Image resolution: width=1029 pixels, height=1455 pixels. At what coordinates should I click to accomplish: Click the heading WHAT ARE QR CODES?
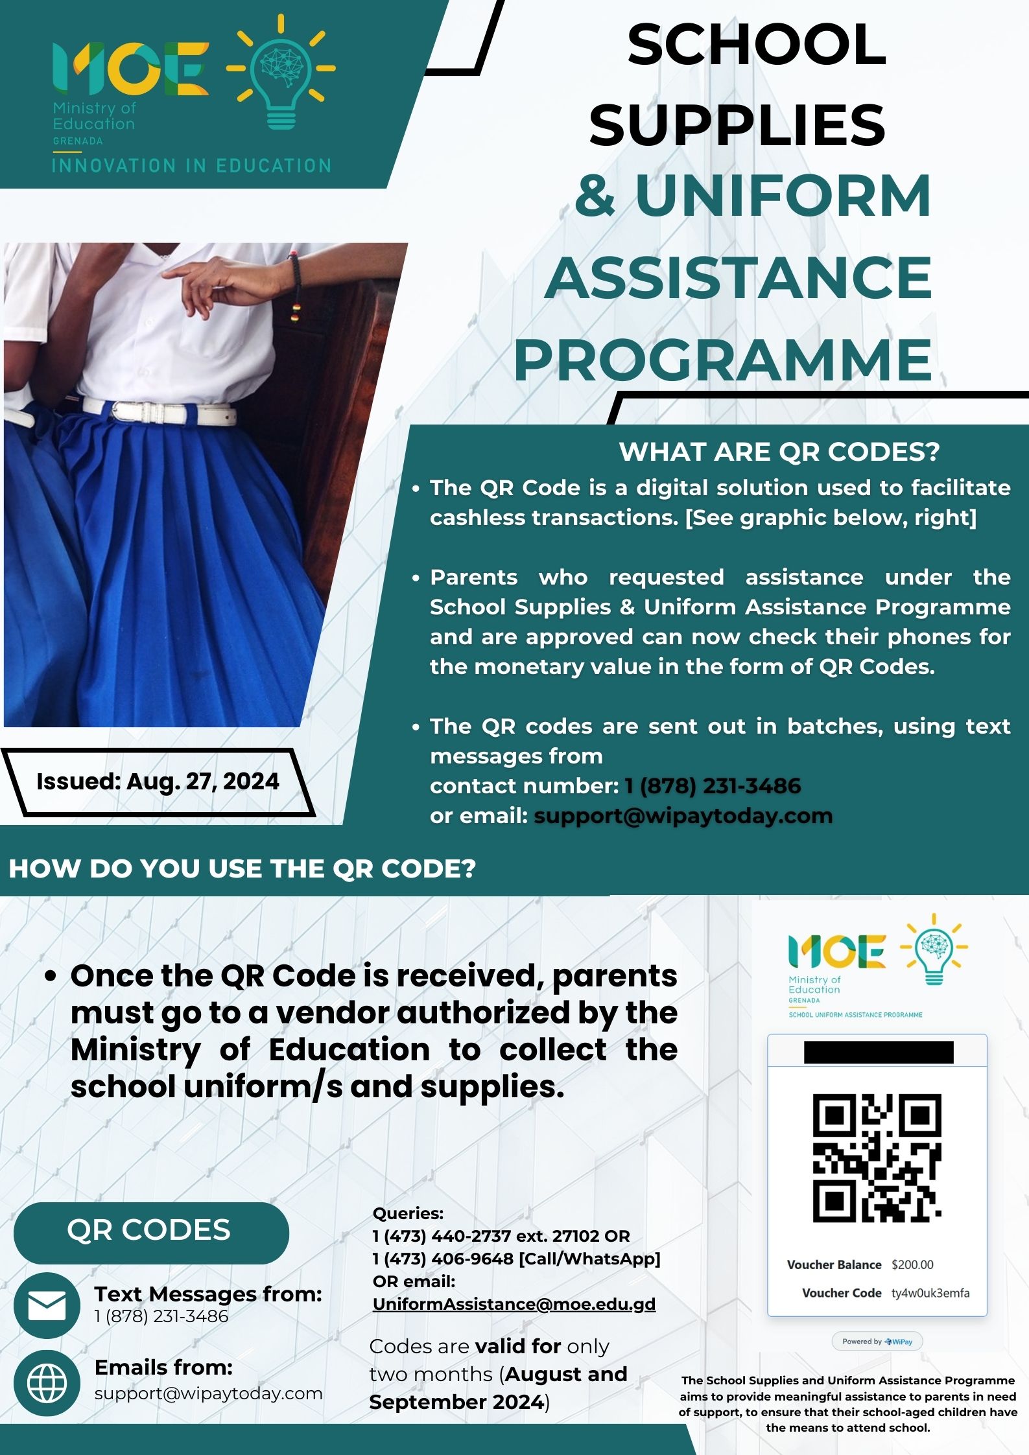[x=779, y=452]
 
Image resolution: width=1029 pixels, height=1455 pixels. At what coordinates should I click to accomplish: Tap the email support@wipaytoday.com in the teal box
[x=683, y=815]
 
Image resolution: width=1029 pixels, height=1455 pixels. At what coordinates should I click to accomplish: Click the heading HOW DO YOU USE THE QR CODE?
[x=242, y=868]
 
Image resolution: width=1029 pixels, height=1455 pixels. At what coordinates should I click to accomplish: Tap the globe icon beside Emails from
[x=47, y=1382]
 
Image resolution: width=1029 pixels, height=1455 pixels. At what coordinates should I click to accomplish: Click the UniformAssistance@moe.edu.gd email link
[x=514, y=1304]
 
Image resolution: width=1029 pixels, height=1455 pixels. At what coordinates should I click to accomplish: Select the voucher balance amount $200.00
[x=912, y=1264]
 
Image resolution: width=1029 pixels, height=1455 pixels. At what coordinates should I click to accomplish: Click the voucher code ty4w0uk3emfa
[x=930, y=1293]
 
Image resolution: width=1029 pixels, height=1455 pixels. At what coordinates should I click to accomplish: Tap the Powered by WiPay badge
[x=877, y=1341]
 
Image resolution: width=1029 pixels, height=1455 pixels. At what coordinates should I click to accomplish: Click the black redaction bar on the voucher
[x=879, y=1052]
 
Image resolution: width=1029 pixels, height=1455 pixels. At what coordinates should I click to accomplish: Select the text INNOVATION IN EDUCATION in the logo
[x=191, y=166]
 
